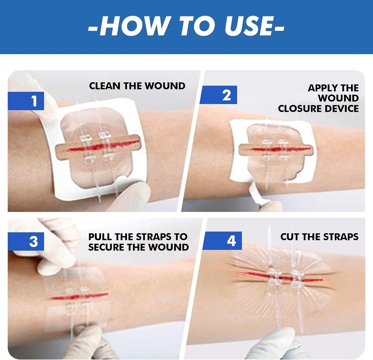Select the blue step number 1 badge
pyautogui.click(x=34, y=101)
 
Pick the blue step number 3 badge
pyautogui.click(x=34, y=241)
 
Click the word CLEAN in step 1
pyautogui.click(x=103, y=86)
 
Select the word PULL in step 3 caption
pyautogui.click(x=100, y=237)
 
